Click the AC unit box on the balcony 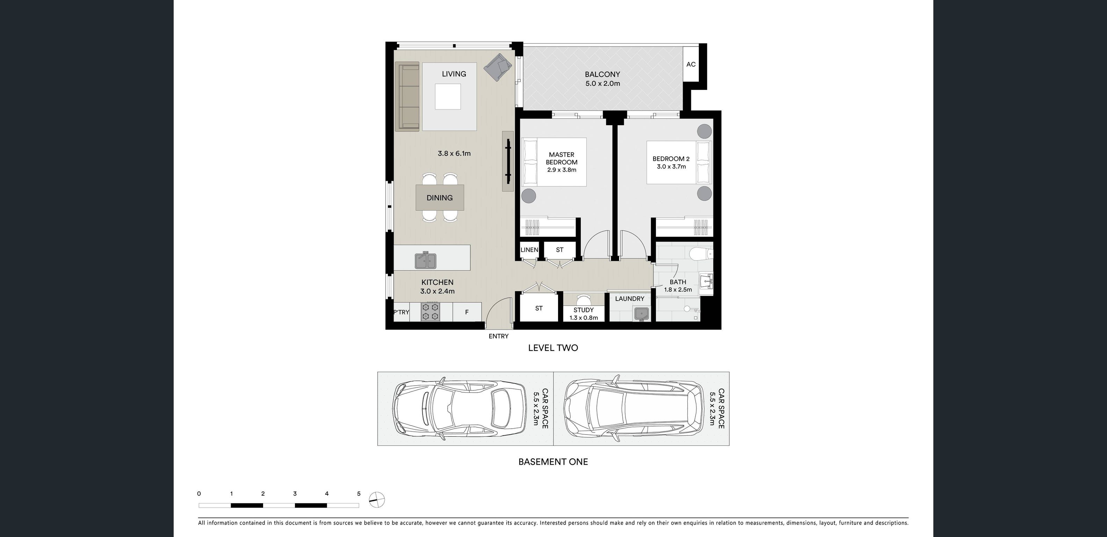click(x=690, y=64)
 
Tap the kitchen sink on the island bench click(x=426, y=260)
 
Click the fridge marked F click(x=467, y=312)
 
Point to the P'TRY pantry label click(x=401, y=312)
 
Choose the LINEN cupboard click(x=529, y=250)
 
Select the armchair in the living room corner click(x=498, y=67)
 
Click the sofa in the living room click(x=407, y=96)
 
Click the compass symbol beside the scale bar click(x=377, y=500)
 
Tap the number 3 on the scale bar click(x=295, y=494)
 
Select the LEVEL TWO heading click(x=553, y=348)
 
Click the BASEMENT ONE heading click(x=553, y=462)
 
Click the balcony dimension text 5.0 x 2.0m click(x=602, y=84)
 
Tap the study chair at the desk click(x=584, y=299)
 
